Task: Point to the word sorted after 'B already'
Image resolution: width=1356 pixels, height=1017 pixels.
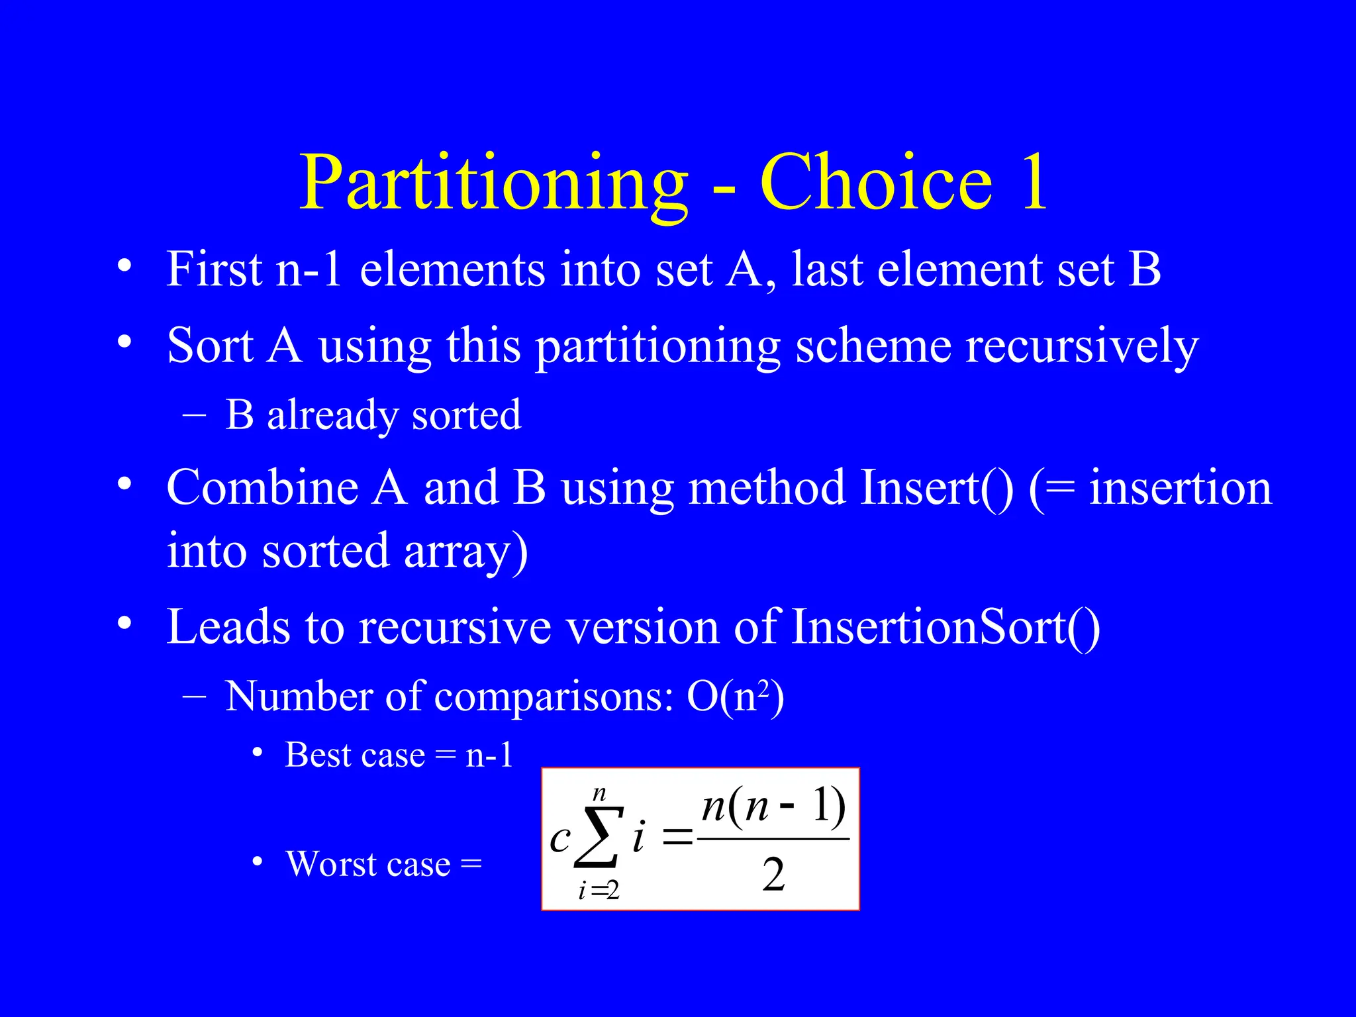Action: click(466, 415)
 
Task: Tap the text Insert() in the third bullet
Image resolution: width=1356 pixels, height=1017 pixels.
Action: click(936, 487)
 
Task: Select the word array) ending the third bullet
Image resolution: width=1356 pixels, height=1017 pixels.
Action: click(465, 551)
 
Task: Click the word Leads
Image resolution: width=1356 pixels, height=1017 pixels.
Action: click(227, 626)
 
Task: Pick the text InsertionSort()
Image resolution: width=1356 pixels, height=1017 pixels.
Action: click(945, 626)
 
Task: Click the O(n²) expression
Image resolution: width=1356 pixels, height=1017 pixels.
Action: click(735, 697)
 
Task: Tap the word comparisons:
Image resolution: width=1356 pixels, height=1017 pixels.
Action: click(554, 697)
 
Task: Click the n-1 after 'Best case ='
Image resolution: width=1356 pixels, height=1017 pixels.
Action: click(489, 755)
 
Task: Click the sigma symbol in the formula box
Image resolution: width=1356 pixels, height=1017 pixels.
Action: click(599, 837)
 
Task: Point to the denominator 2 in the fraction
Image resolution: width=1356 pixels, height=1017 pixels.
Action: click(773, 875)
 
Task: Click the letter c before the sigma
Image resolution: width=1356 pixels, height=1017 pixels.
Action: click(560, 839)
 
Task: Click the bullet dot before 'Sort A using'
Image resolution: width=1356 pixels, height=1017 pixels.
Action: click(124, 342)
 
